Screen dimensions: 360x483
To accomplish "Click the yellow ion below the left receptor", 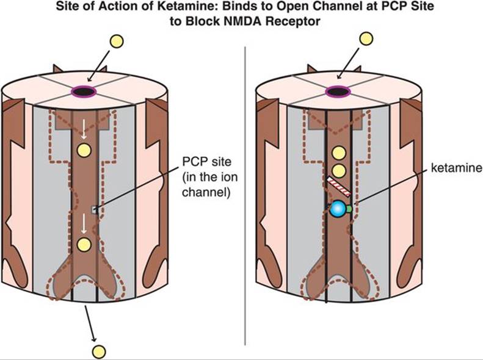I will [98, 351].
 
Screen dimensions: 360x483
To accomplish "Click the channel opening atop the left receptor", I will [84, 92].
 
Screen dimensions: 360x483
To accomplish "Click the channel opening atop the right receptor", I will [336, 92].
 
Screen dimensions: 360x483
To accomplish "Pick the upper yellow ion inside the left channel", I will [84, 150].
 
